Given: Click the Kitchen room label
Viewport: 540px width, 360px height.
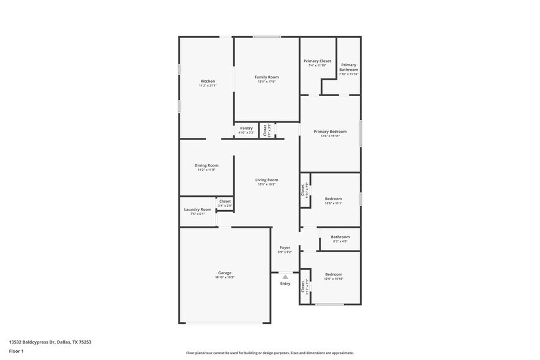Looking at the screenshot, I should (208, 81).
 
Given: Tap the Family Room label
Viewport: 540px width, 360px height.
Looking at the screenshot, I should (267, 77).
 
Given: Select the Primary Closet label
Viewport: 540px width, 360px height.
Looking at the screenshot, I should (317, 61).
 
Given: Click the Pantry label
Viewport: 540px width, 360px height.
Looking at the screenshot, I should (246, 128).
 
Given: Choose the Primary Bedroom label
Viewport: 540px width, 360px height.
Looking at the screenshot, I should (330, 132).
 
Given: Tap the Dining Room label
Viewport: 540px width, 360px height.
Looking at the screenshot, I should (206, 165).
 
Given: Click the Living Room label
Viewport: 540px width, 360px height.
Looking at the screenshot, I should (267, 180).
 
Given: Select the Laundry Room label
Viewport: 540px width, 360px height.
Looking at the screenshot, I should (198, 209).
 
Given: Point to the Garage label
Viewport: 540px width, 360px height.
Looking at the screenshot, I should (225, 273).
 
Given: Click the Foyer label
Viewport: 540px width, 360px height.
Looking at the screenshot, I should (285, 247).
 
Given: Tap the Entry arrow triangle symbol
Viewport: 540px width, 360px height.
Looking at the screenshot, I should (285, 277).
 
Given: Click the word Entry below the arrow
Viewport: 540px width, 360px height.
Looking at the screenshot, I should (285, 283).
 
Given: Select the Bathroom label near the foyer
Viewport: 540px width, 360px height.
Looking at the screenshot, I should (340, 237).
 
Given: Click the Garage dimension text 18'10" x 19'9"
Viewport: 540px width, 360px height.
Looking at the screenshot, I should (225, 277).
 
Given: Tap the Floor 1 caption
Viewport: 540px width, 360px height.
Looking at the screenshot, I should (16, 351).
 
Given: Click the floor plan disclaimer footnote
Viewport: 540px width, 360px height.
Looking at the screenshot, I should (270, 353).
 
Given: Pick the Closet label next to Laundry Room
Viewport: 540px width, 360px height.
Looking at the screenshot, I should (225, 201).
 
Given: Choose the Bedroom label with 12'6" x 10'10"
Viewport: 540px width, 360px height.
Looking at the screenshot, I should (334, 274).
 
